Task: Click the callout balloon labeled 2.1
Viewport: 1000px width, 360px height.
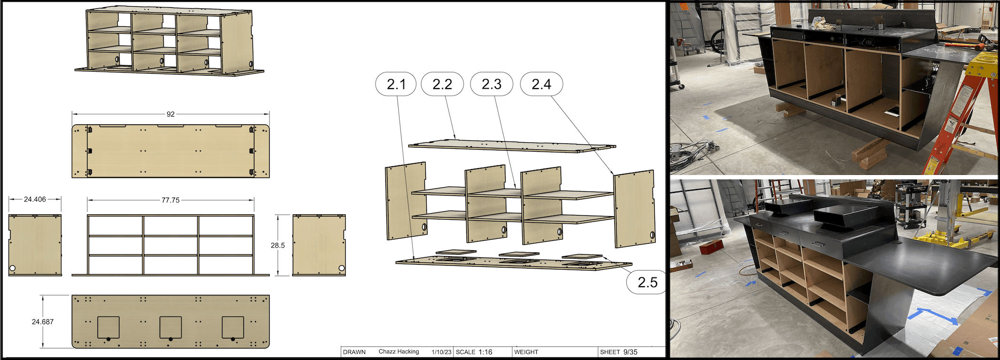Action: coord(396,84)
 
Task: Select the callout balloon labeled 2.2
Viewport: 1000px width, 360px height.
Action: coord(442,84)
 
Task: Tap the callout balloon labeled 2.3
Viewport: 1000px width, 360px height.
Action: coord(491,84)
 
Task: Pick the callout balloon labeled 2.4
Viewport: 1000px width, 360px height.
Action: coord(541,84)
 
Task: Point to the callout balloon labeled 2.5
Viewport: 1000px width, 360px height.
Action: coord(648,282)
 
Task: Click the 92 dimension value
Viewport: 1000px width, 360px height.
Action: coord(170,114)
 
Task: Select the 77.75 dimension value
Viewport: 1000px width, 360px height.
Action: coord(170,200)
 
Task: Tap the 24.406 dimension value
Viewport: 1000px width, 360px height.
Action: coord(35,200)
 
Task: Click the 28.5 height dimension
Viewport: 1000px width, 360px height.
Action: coord(278,245)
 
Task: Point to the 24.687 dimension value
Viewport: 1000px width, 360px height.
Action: coord(43,322)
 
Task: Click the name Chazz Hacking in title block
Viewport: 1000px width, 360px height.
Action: coord(399,352)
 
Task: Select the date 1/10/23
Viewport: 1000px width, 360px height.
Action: coord(441,352)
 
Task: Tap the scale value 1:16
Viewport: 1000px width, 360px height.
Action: coord(485,352)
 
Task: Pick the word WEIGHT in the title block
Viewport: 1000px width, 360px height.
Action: coord(526,352)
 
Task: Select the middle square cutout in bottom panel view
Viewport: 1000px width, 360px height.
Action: coord(170,327)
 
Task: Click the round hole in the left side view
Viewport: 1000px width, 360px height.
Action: coord(12,269)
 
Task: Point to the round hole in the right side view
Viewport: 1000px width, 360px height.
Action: coord(342,269)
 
